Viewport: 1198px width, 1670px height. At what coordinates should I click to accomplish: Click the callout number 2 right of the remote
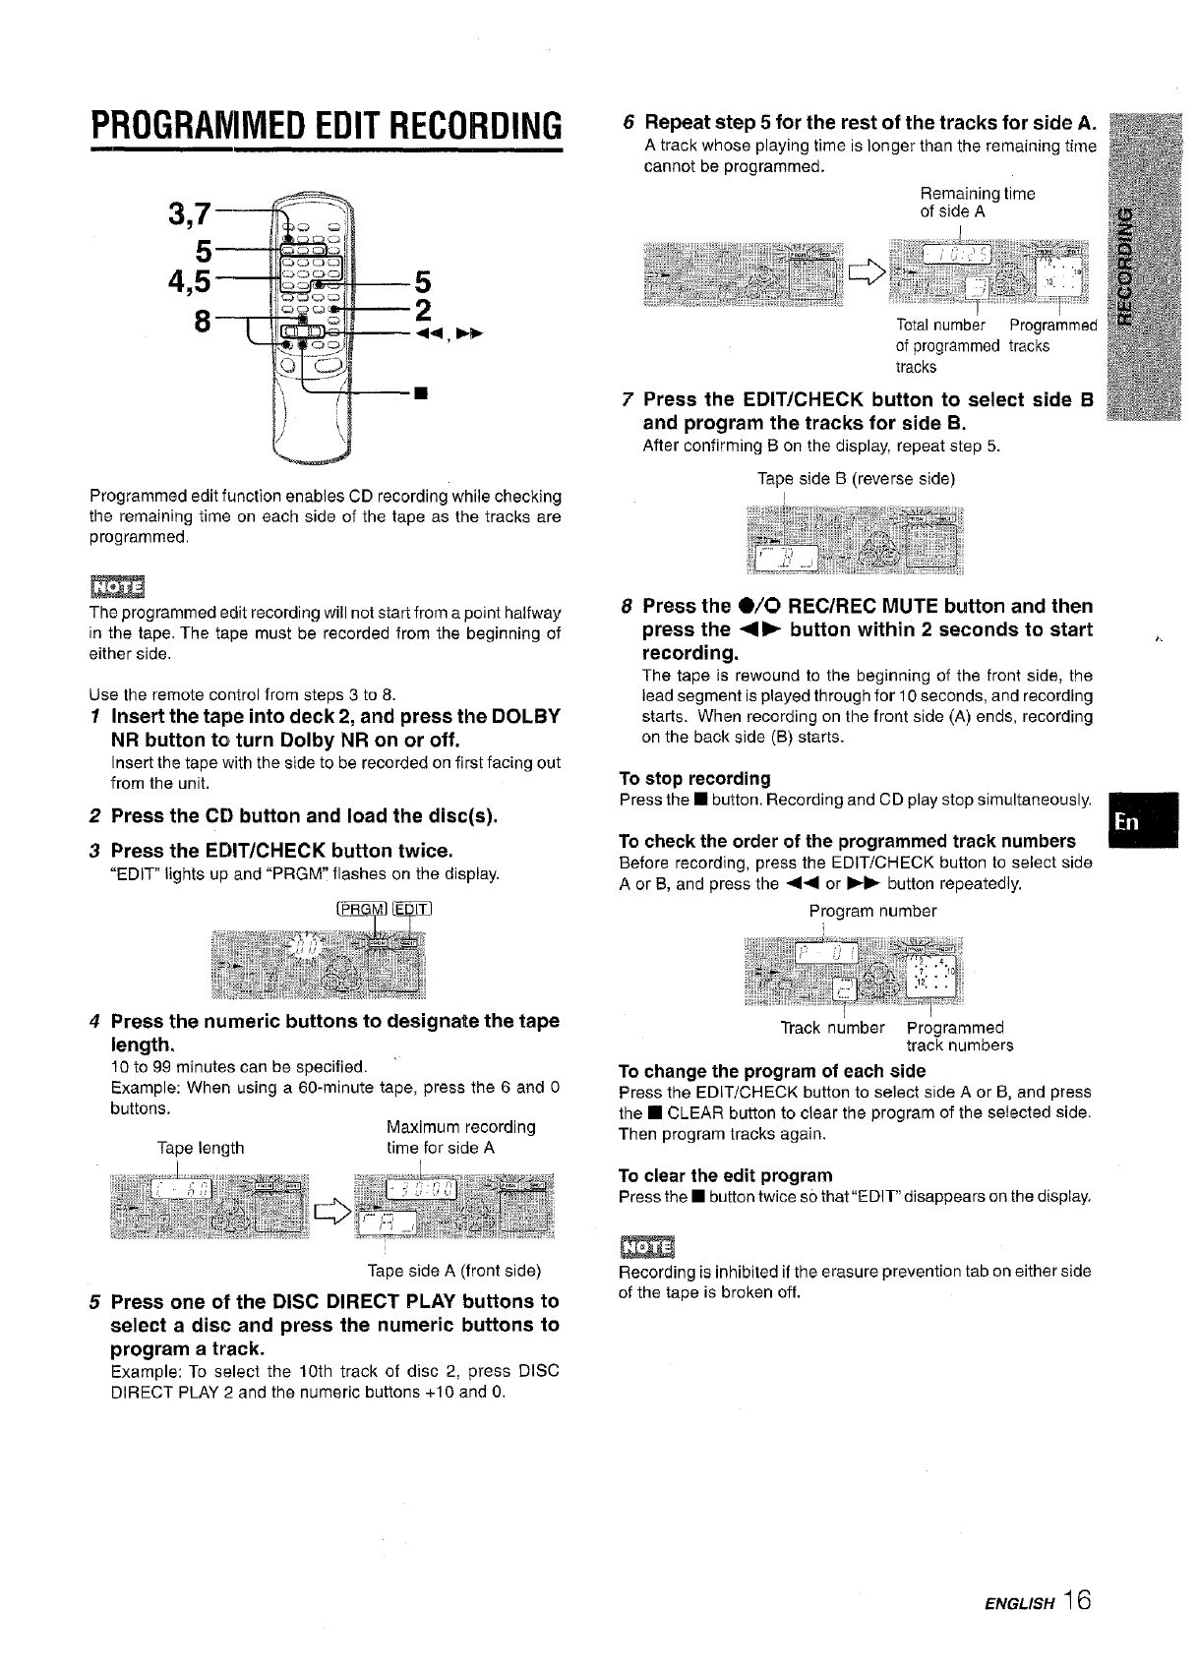(x=422, y=309)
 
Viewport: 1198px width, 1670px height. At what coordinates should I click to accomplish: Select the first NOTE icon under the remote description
(x=116, y=586)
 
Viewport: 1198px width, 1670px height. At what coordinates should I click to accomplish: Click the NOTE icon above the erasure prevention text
(x=645, y=1248)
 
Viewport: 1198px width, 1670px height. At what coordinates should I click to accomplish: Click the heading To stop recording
(x=694, y=778)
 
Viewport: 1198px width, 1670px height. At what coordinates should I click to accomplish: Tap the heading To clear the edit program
(x=725, y=1175)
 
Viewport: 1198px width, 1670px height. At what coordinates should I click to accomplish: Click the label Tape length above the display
(x=201, y=1148)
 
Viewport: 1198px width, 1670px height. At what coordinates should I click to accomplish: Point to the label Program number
(x=872, y=911)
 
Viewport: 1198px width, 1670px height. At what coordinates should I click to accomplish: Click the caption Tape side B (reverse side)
(x=856, y=479)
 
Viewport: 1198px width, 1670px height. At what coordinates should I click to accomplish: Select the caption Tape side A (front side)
(x=454, y=1269)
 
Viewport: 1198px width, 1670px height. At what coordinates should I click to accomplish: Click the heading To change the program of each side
(x=772, y=1071)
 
